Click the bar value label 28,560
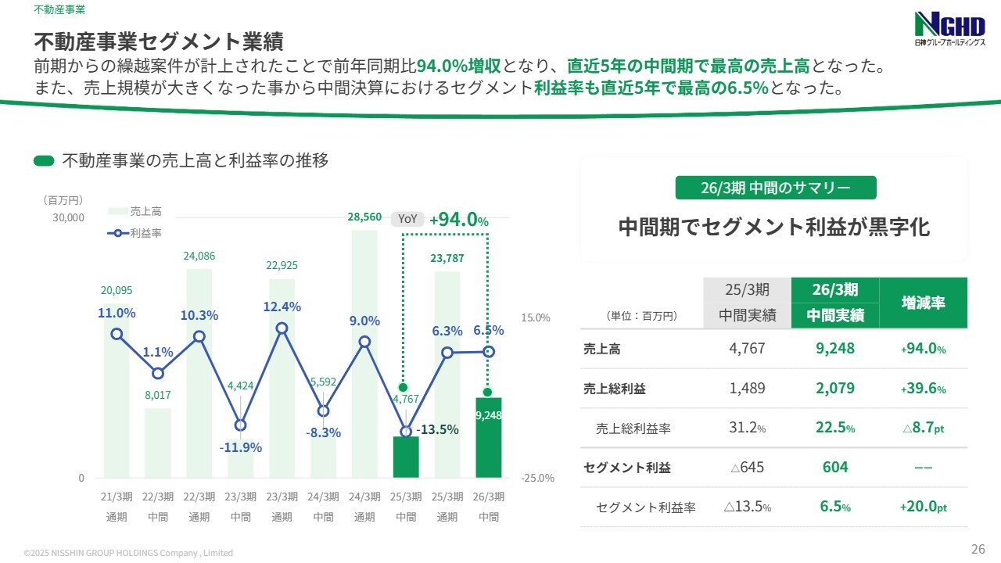364,217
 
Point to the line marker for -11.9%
240,425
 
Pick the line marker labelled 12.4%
282,328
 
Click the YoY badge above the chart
407,219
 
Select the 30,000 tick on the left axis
68,217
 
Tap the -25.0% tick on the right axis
536,478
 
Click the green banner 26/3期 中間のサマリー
775,188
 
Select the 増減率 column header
923,303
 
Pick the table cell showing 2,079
835,389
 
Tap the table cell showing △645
747,468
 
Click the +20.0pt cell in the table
923,507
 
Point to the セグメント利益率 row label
645,507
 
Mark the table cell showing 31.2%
747,429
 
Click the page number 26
978,548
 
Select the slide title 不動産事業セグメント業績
158,40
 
